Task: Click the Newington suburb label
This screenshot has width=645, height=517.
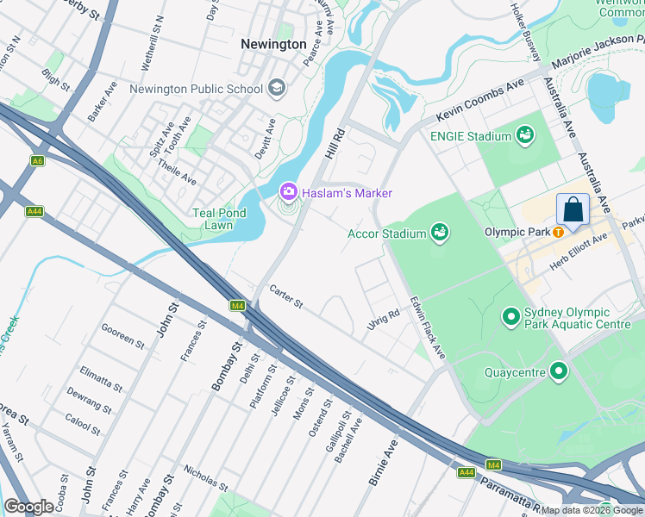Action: pyautogui.click(x=273, y=44)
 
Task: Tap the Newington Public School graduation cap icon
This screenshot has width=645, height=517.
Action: pyautogui.click(x=277, y=88)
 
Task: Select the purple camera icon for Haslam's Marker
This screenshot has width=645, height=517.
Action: pyautogui.click(x=288, y=192)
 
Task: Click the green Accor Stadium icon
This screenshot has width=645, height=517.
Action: pyautogui.click(x=440, y=234)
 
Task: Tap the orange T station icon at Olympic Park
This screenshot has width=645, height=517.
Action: pyautogui.click(x=559, y=232)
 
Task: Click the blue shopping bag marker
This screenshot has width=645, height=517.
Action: pyautogui.click(x=573, y=209)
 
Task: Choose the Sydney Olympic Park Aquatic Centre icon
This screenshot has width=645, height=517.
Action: pyautogui.click(x=511, y=319)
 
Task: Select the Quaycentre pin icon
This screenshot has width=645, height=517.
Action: pyautogui.click(x=559, y=372)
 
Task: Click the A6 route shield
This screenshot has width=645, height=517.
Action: pyautogui.click(x=36, y=161)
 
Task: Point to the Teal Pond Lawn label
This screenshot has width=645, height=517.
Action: pyautogui.click(x=213, y=219)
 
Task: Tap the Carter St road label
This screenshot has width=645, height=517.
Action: pyautogui.click(x=286, y=296)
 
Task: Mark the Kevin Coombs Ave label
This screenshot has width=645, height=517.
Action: pyautogui.click(x=480, y=102)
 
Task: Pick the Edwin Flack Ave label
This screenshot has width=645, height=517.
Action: pyautogui.click(x=428, y=329)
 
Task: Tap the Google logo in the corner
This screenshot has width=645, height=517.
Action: pyautogui.click(x=28, y=507)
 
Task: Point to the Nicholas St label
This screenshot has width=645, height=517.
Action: pyautogui.click(x=205, y=477)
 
